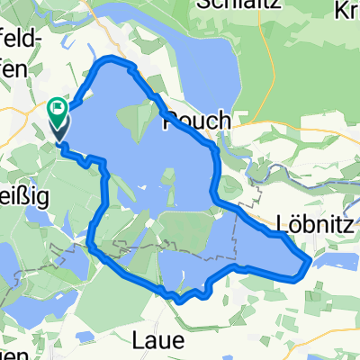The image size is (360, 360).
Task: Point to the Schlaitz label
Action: (229, 6)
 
